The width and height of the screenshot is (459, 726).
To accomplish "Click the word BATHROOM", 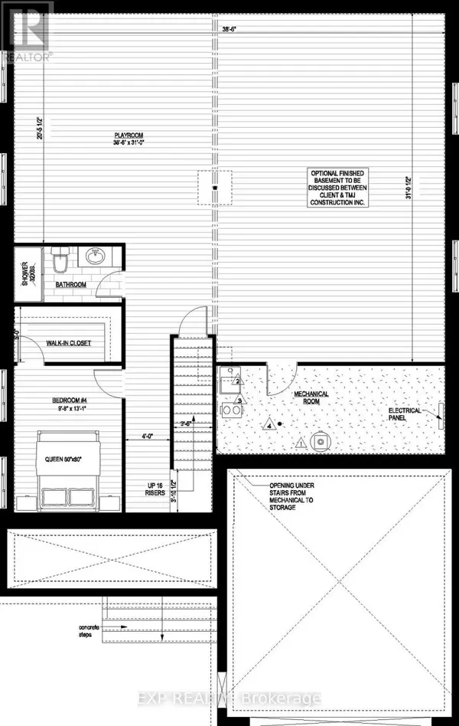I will point(70,285).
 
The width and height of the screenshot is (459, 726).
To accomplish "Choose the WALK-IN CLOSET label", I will point(69,343).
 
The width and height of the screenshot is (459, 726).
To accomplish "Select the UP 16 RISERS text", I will point(155,489).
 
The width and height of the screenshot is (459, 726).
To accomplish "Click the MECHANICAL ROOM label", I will point(312,398).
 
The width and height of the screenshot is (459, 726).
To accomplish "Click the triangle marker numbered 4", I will point(269,423).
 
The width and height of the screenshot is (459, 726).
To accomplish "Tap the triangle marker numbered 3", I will point(239,401).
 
